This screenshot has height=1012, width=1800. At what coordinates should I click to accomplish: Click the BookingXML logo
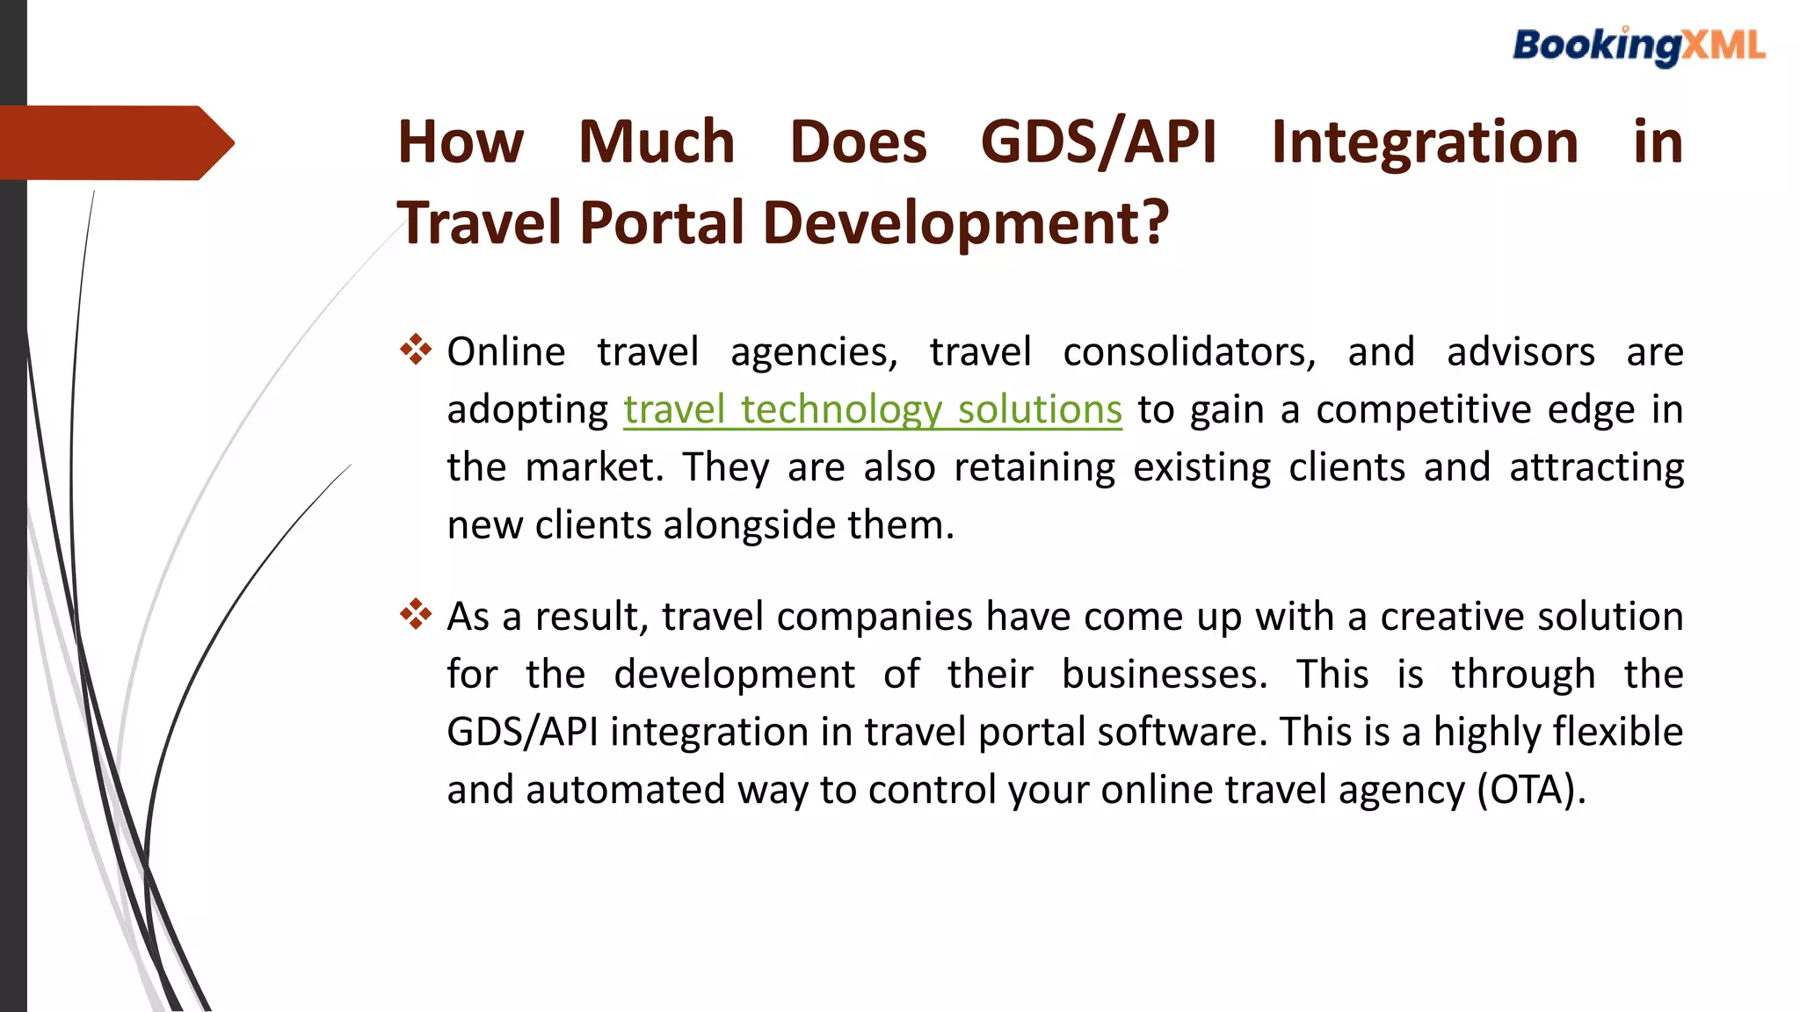(x=1638, y=47)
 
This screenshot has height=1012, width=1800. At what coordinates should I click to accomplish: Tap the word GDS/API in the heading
(x=1099, y=142)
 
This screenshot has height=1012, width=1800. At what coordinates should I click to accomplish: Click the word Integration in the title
(x=1424, y=142)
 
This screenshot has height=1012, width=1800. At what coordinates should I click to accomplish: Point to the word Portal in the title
(x=662, y=223)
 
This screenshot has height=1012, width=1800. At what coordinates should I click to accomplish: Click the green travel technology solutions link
(x=873, y=410)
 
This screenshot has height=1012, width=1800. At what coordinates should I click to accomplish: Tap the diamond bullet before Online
(x=416, y=350)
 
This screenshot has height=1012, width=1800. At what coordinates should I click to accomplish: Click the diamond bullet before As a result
(x=416, y=614)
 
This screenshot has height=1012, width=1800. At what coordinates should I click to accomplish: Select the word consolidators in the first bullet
(x=1188, y=352)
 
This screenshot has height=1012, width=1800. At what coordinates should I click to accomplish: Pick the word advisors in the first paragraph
(x=1521, y=352)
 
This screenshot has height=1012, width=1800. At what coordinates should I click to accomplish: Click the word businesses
(x=1164, y=675)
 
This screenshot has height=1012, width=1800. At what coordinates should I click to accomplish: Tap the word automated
(x=625, y=790)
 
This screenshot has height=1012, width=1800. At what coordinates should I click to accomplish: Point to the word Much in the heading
(x=657, y=142)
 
